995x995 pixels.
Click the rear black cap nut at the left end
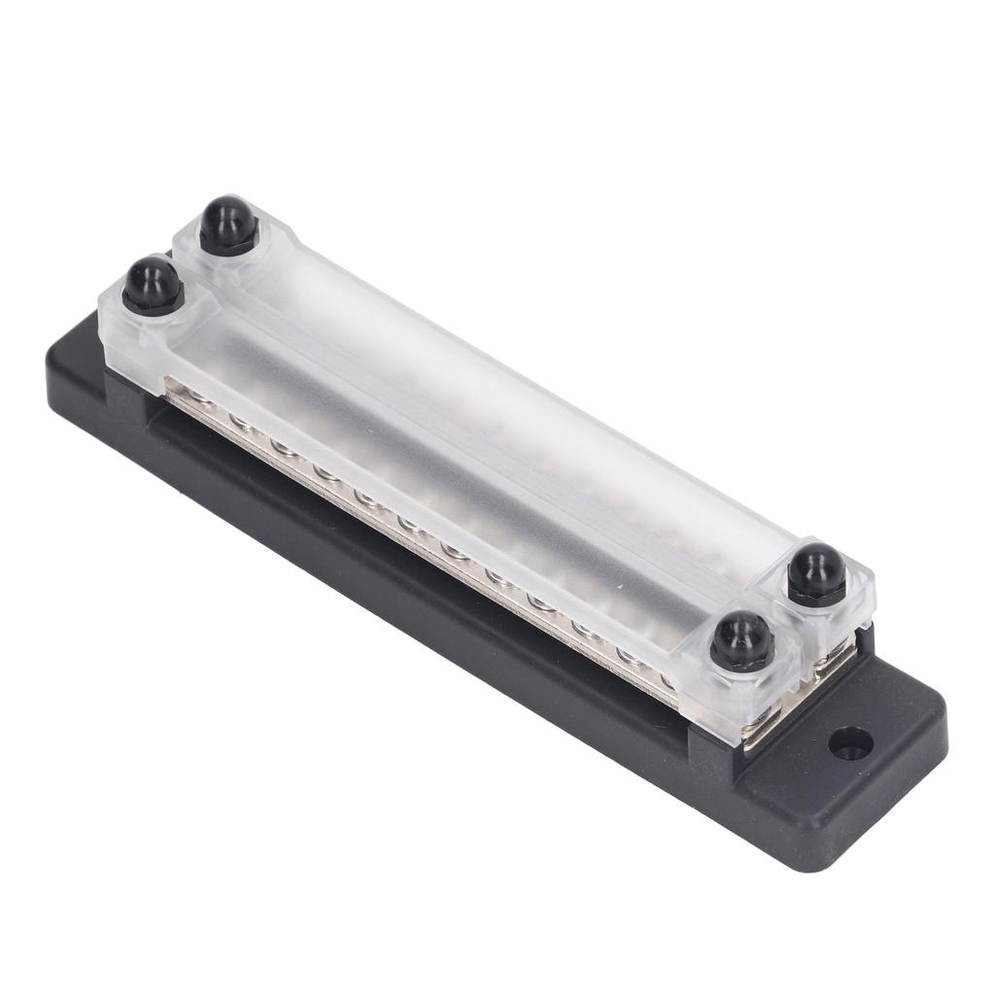coord(228,225)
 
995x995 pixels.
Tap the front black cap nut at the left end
coord(153,285)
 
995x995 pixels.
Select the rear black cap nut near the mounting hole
coord(816,574)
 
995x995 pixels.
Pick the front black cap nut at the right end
coord(741,641)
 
